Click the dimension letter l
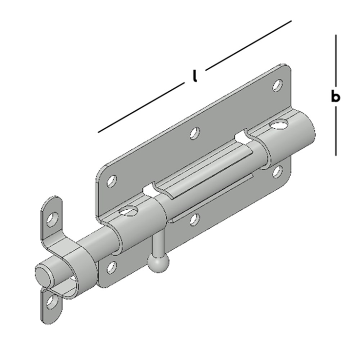[195, 76]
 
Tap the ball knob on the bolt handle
[158, 262]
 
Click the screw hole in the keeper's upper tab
[52, 219]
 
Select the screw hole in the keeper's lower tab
[52, 301]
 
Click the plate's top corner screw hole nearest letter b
[278, 85]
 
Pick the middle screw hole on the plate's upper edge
[195, 133]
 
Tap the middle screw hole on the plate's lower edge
[195, 219]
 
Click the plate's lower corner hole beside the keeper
[112, 267]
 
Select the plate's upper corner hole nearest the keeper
[112, 181]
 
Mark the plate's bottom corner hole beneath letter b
[278, 172]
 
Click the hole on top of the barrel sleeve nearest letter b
[279, 124]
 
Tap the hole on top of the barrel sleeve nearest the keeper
[128, 211]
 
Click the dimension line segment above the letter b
[336, 60]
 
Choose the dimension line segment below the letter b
[336, 131]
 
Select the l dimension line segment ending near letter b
[248, 45]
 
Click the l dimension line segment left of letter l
[141, 107]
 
